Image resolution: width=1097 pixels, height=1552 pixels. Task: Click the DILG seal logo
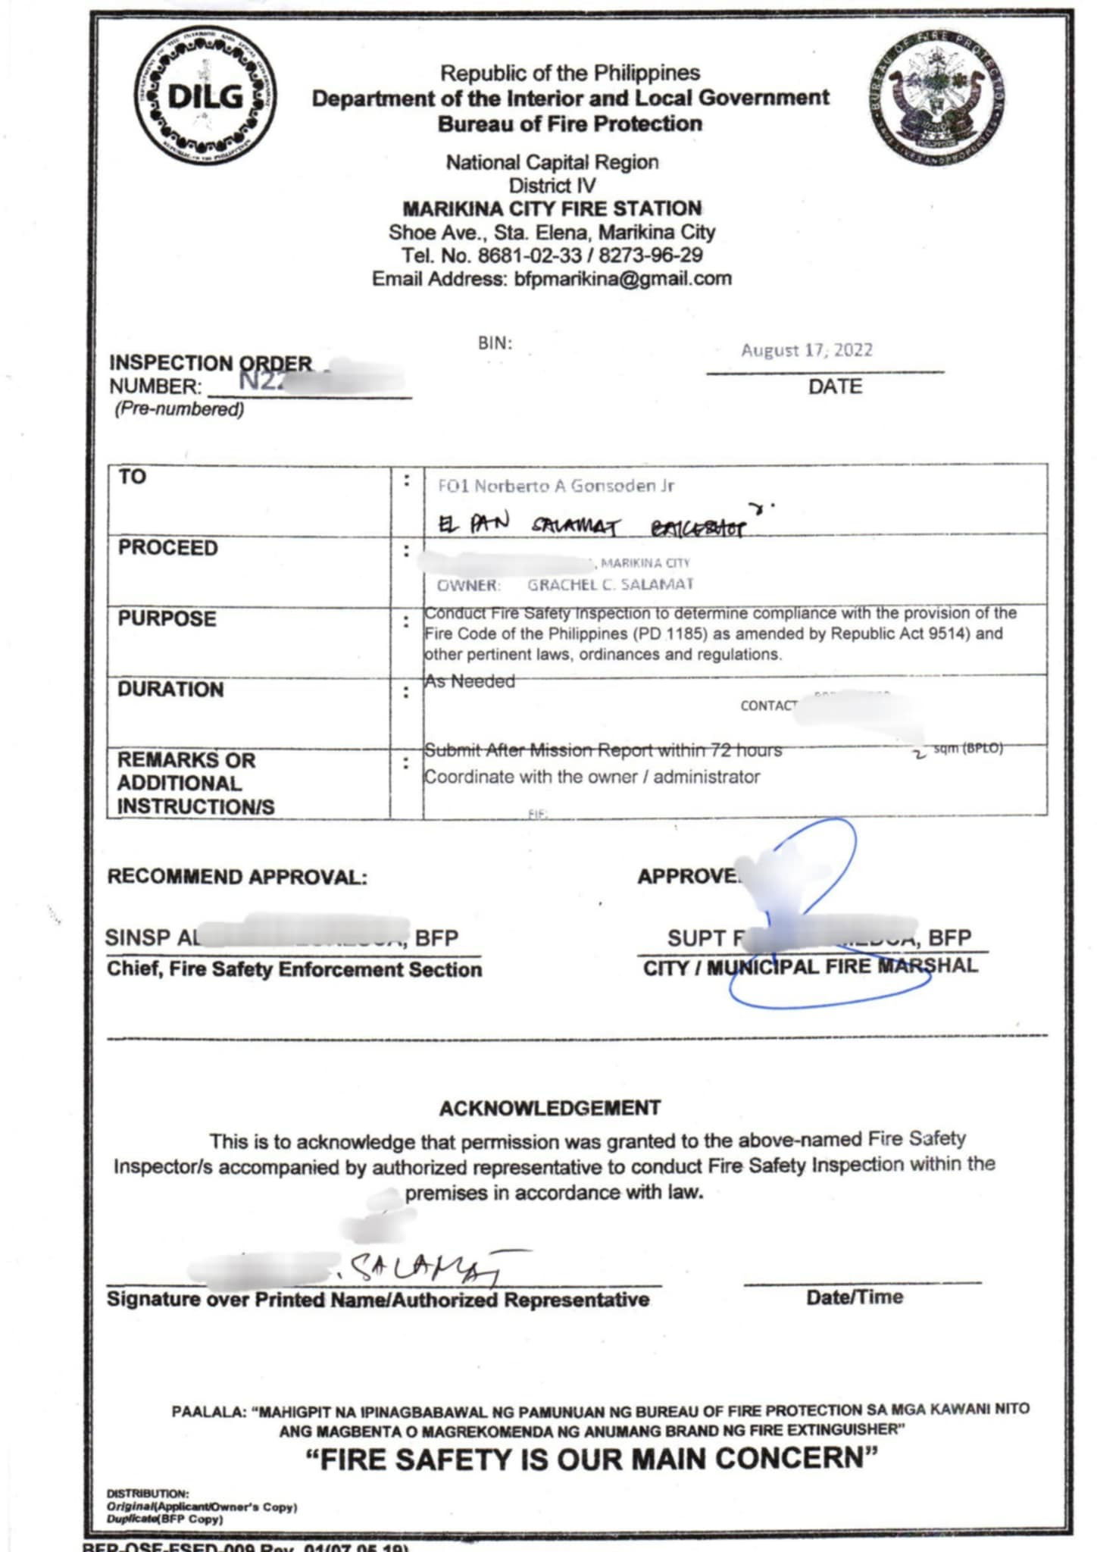(x=205, y=95)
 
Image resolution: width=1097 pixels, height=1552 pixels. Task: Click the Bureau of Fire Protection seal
(x=938, y=99)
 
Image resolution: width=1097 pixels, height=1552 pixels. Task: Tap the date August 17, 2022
(x=807, y=350)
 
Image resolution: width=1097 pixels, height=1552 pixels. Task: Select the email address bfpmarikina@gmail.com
(x=623, y=279)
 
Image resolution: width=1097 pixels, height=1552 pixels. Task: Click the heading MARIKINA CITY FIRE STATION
(x=552, y=208)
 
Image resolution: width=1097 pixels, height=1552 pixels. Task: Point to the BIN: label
(x=495, y=343)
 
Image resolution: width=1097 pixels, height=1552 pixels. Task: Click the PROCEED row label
(x=167, y=548)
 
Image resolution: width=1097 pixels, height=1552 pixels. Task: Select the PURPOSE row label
(x=167, y=619)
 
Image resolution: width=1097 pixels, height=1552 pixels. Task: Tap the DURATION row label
(x=170, y=690)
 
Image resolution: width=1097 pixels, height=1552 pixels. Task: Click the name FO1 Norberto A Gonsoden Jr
(x=555, y=486)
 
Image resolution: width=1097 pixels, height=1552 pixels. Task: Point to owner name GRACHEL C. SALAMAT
(x=610, y=584)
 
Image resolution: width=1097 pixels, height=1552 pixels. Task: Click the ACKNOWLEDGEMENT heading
(x=550, y=1108)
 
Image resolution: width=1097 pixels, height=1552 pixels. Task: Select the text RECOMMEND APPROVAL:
(x=237, y=877)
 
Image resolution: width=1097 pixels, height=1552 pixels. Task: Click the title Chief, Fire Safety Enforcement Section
(x=294, y=969)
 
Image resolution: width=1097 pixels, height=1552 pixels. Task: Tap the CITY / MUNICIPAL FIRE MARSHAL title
(x=810, y=967)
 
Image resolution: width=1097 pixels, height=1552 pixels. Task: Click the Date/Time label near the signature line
(x=855, y=1297)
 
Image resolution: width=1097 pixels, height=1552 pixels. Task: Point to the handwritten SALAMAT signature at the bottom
(x=428, y=1268)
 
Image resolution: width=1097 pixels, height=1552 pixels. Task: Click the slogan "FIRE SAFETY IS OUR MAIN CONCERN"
(x=592, y=1459)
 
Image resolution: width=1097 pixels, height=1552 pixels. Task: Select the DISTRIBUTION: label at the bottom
(x=148, y=1494)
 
